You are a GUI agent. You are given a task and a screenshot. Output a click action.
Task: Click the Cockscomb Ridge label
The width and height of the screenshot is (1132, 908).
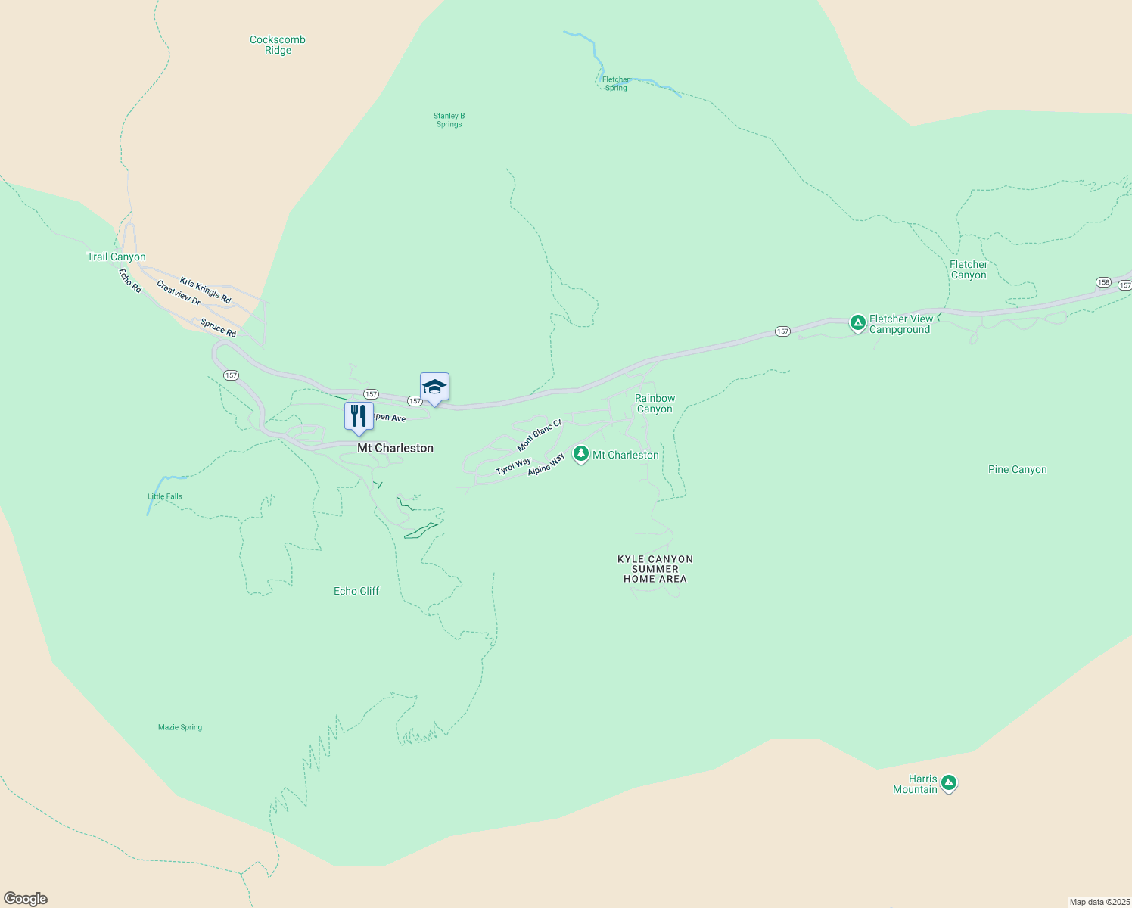[278, 45]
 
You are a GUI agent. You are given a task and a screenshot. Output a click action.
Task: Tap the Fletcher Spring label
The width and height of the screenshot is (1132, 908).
[616, 84]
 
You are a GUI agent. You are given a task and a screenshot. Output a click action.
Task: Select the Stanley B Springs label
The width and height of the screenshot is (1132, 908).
[449, 120]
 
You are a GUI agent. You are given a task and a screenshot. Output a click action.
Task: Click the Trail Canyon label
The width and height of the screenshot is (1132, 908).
[117, 257]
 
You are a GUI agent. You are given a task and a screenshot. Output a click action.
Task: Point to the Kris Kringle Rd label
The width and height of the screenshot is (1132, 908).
[205, 291]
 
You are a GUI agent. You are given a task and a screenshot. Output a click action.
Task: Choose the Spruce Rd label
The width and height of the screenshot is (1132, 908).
[218, 328]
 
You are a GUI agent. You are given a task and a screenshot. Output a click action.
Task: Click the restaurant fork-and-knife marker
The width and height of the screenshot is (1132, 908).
[359, 416]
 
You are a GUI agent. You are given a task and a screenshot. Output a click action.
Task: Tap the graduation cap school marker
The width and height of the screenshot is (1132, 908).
[434, 387]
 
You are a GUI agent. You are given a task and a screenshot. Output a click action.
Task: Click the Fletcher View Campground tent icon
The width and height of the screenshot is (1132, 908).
[857, 324]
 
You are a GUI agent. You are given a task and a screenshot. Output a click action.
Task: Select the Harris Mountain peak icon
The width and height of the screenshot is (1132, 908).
[949, 783]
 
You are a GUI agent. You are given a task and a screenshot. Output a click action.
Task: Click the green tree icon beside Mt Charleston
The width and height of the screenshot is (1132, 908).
[580, 454]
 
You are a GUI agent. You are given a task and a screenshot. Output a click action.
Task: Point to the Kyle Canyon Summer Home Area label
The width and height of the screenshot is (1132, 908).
[655, 569]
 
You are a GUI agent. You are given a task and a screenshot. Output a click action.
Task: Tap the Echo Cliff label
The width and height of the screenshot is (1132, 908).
[356, 592]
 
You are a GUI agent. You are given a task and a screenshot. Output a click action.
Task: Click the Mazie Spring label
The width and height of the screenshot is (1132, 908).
[180, 728]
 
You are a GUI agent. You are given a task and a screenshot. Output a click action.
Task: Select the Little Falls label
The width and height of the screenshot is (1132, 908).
[165, 497]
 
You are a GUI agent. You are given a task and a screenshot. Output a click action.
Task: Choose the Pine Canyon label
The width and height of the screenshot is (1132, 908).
[1017, 470]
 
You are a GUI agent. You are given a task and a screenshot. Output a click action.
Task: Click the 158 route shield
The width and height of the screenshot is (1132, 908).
[1103, 282]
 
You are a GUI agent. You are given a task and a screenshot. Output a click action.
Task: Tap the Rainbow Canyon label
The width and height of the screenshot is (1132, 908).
[655, 404]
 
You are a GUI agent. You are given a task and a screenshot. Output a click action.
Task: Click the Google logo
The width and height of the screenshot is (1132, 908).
[26, 899]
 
